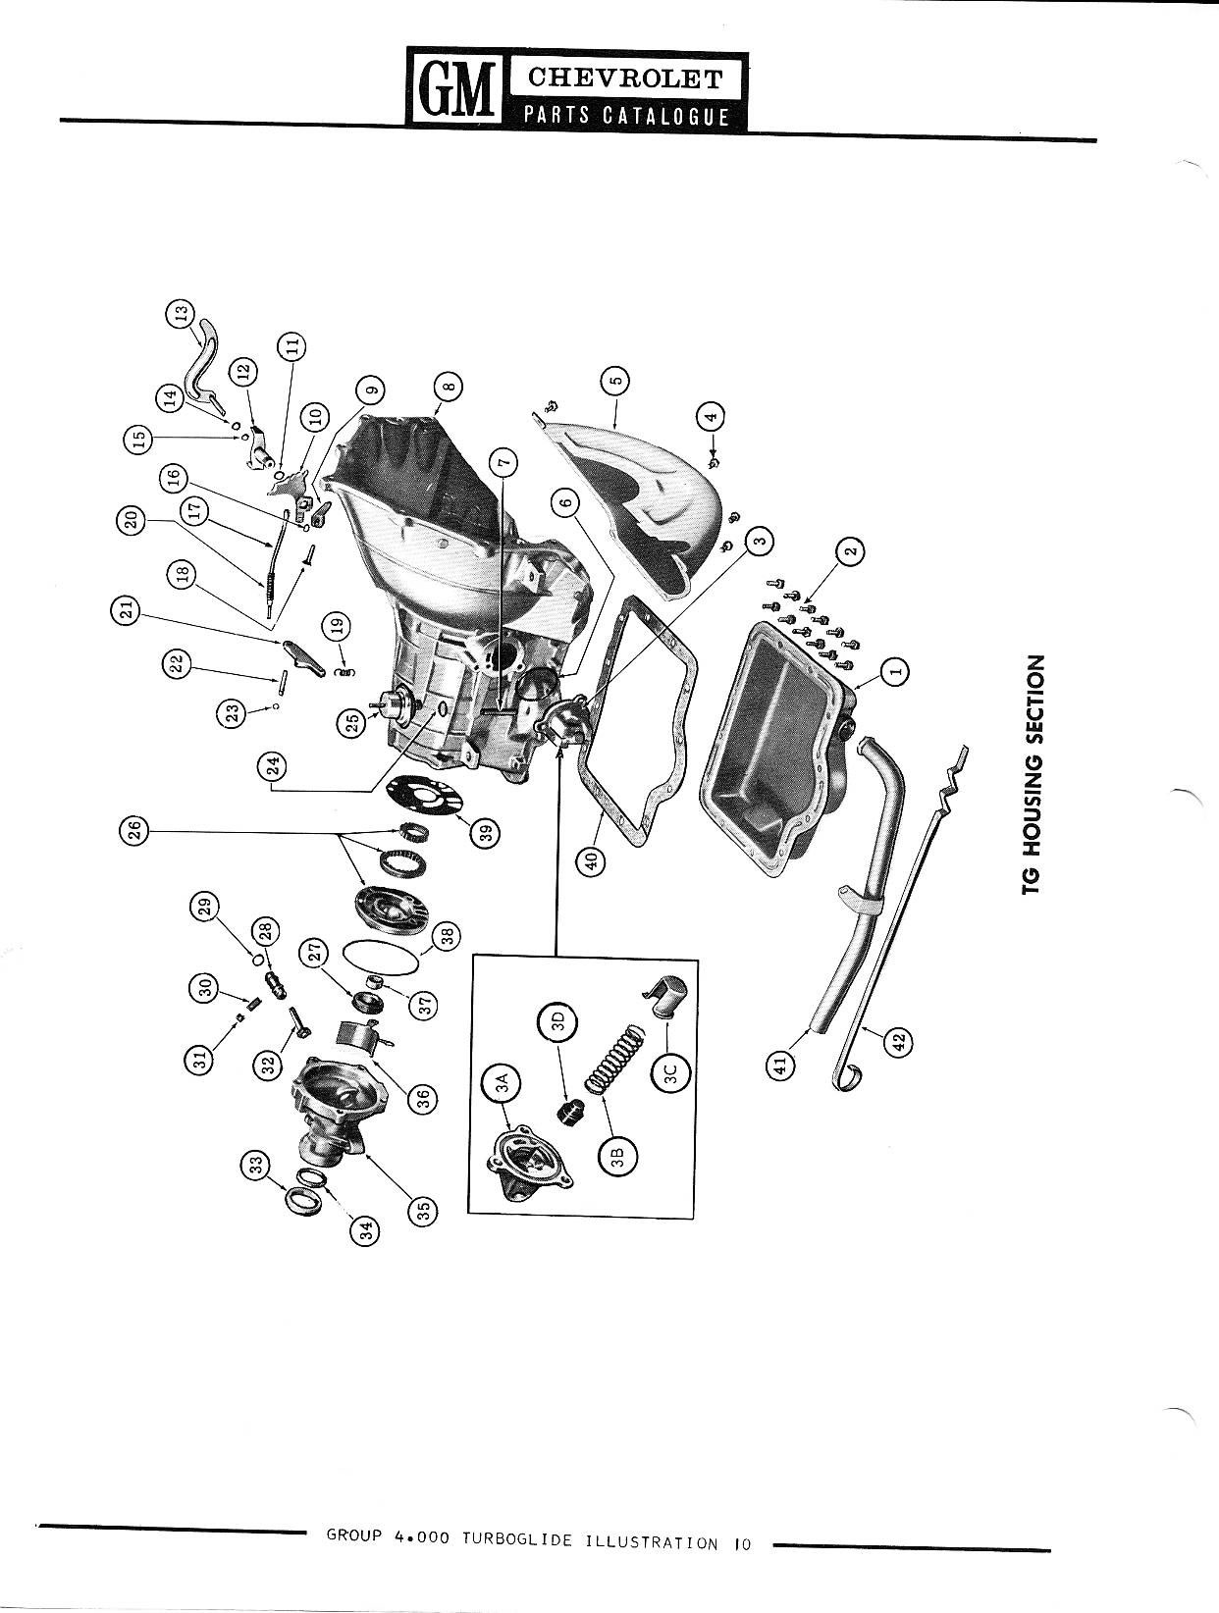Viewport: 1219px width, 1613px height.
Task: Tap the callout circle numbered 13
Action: pyautogui.click(x=180, y=312)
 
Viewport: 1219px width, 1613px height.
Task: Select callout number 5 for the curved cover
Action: pyautogui.click(x=615, y=381)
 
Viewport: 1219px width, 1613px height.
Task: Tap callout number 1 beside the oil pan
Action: pyautogui.click(x=895, y=669)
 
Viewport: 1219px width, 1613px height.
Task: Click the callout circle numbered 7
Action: pyautogui.click(x=503, y=463)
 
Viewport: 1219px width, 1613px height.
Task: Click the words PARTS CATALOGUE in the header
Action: pyautogui.click(x=625, y=117)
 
